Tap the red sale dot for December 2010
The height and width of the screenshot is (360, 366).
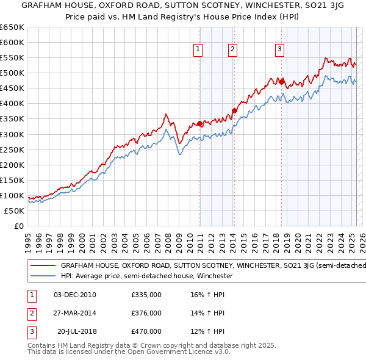point(200,123)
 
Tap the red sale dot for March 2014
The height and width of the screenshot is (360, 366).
point(234,110)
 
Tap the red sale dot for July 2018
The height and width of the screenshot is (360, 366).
point(281,81)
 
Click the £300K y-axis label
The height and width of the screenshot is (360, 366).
point(12,134)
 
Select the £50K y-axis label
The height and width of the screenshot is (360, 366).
point(14,211)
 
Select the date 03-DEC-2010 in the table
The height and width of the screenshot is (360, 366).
point(75,295)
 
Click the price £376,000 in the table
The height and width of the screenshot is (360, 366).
point(146,313)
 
